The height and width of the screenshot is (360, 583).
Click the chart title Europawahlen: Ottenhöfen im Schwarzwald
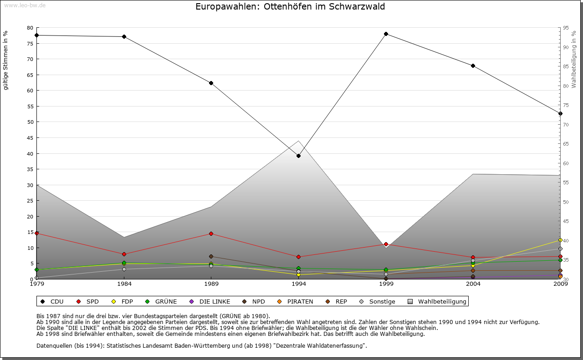coord(290,7)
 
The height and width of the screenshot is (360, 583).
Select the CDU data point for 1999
coord(386,34)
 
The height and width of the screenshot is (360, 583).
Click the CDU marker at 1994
coord(298,156)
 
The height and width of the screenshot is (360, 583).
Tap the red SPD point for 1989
coord(211,234)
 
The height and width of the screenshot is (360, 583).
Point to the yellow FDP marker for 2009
coord(560,240)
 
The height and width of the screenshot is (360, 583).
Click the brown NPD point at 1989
coord(211,257)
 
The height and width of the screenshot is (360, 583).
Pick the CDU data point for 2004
coord(473,66)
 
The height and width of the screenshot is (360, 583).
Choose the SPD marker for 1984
coord(124,254)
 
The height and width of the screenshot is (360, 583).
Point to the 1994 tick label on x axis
coord(299,284)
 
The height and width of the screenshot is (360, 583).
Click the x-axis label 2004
coord(473,284)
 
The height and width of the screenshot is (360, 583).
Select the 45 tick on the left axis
coord(31,138)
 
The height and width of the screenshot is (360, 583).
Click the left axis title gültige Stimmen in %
coord(6,61)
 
